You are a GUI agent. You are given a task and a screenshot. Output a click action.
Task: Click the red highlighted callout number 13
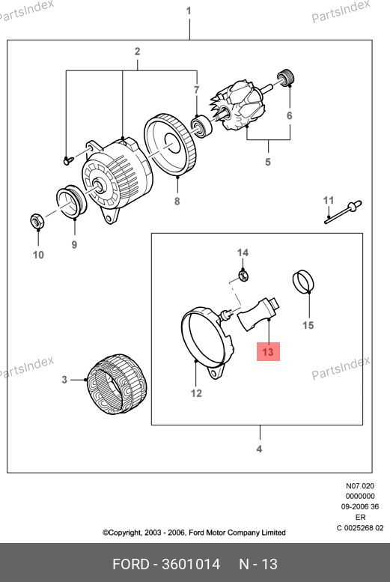[268, 351]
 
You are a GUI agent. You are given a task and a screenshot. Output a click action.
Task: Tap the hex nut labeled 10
[37, 222]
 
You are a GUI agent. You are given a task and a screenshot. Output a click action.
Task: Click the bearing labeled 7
[201, 126]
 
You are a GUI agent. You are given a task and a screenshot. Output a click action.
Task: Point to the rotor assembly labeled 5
[241, 106]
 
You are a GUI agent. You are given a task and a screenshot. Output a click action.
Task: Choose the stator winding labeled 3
[117, 384]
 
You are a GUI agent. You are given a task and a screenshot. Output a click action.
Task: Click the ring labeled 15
[303, 281]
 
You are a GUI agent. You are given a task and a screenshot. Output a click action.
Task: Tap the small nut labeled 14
[243, 275]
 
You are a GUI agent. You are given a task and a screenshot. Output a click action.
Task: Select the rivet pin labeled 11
[343, 212]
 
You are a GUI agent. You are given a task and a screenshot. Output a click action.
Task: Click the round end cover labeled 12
[208, 342]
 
